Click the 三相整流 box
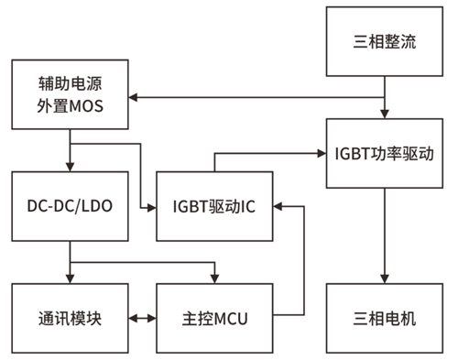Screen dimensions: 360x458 pos(385,40)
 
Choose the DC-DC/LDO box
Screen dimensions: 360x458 pos(69,207)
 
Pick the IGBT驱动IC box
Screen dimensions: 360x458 pos(214,207)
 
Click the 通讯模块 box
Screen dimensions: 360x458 pos(69,320)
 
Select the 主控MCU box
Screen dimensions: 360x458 pos(214,320)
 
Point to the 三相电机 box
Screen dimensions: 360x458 pos(385,320)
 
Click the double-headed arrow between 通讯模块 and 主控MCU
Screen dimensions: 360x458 pos(141,320)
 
